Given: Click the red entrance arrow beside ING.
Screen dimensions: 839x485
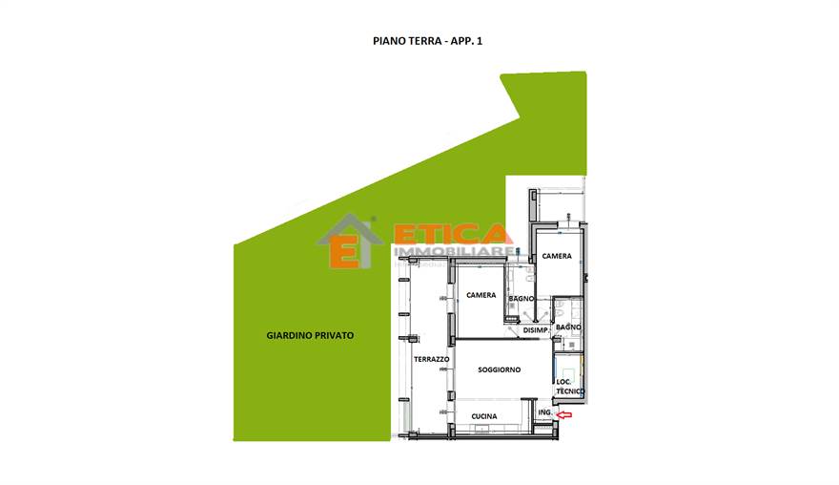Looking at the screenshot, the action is [564, 414].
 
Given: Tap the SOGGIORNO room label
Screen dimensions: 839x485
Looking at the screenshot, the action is [500, 369].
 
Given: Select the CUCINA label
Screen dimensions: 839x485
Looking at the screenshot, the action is [484, 416].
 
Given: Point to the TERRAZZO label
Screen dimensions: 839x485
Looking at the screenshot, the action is [431, 359].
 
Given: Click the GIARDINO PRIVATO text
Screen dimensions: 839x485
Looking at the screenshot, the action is [310, 335].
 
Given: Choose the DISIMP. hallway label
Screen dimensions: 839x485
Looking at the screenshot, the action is [536, 330].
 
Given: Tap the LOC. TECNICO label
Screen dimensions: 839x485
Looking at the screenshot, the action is [570, 387].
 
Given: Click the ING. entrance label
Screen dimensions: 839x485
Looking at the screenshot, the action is [544, 412].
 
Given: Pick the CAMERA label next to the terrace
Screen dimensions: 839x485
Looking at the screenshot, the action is [481, 295].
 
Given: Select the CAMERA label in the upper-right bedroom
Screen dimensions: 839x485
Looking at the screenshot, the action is [557, 256].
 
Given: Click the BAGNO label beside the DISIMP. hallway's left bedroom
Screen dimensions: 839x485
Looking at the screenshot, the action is [522, 299].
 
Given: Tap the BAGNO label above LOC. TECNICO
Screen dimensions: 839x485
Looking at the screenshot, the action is [568, 327].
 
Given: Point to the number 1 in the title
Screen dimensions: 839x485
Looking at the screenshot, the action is [480, 41].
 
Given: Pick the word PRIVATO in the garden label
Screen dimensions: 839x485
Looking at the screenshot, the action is [334, 335].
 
